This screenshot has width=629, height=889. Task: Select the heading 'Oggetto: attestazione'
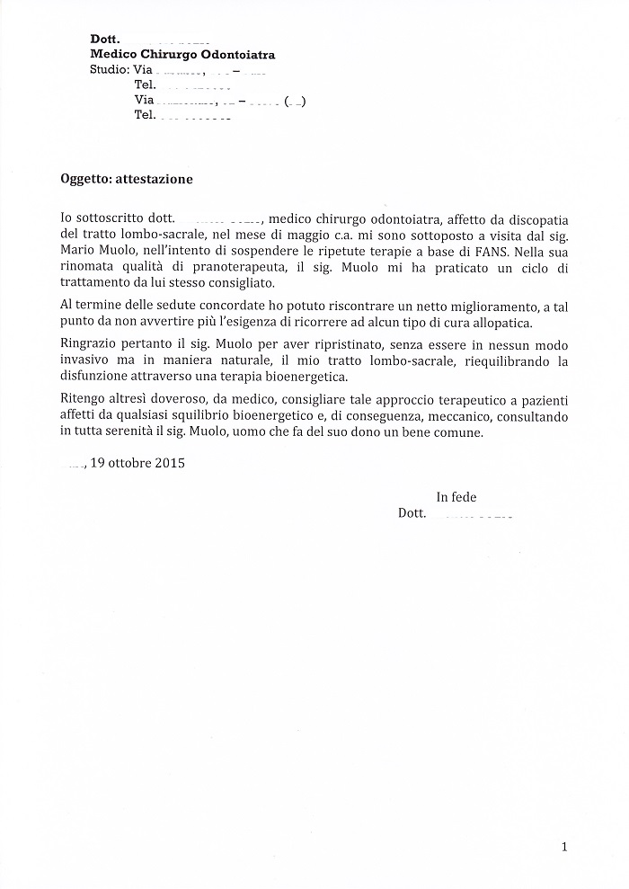coord(120,179)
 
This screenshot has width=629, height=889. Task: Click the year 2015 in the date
coord(168,465)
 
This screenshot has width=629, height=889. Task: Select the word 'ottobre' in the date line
coord(128,465)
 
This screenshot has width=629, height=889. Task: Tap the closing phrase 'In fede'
coord(456,497)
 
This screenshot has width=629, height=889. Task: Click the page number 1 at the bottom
coord(563,846)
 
